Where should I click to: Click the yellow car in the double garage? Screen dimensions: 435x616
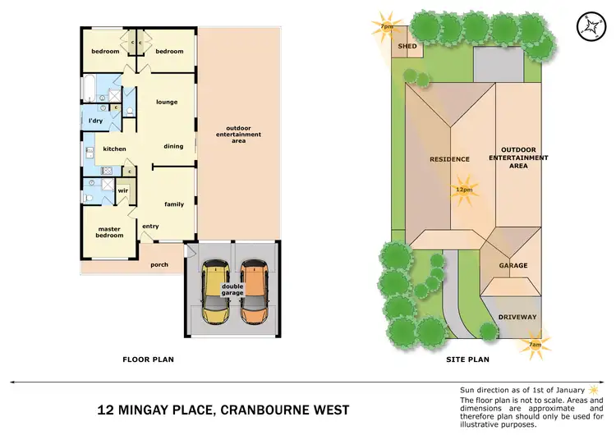pyautogui.click(x=215, y=291)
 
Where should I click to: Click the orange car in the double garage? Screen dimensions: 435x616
pyautogui.click(x=254, y=291)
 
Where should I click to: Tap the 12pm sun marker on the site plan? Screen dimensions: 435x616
pyautogui.click(x=464, y=189)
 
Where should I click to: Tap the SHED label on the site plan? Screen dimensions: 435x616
pyautogui.click(x=407, y=47)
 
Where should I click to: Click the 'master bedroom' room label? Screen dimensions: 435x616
pyautogui.click(x=110, y=232)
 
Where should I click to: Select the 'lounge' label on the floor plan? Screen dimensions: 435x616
pyautogui.click(x=167, y=102)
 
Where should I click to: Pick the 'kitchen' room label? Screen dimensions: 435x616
pyautogui.click(x=114, y=149)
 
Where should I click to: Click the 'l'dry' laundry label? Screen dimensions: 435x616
pyautogui.click(x=95, y=121)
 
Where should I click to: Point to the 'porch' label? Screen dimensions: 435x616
pyautogui.click(x=159, y=265)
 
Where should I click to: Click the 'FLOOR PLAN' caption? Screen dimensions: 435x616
pyautogui.click(x=148, y=359)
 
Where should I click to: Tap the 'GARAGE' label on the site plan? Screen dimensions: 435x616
pyautogui.click(x=513, y=265)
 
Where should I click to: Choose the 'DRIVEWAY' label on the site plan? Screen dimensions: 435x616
pyautogui.click(x=517, y=317)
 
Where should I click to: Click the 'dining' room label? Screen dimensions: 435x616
pyautogui.click(x=172, y=146)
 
